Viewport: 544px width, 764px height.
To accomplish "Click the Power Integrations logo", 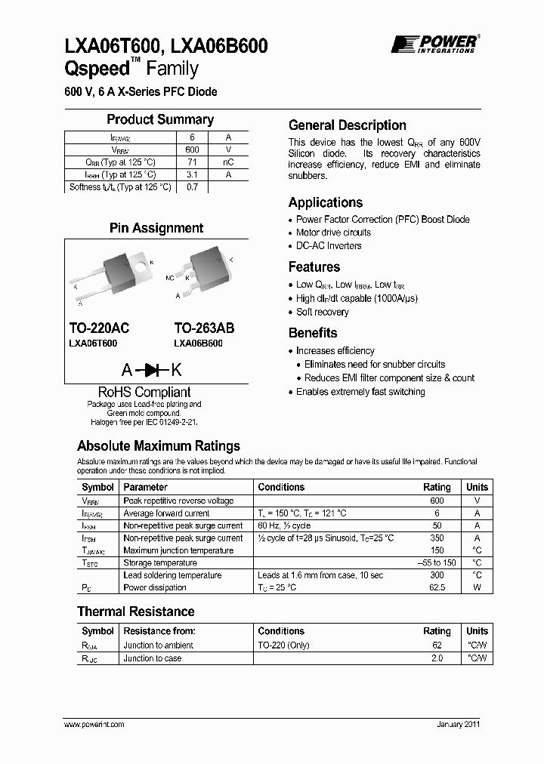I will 434,44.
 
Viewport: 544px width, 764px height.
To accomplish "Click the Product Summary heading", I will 159,119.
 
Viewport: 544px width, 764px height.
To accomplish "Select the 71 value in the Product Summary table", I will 192,162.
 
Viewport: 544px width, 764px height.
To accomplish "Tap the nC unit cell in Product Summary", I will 227,162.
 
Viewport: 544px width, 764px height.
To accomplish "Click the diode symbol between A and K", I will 156,370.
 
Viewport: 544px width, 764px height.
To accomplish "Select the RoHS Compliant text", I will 144,392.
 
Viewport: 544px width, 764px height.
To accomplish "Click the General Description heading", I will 348,125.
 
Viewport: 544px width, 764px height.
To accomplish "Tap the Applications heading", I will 326,202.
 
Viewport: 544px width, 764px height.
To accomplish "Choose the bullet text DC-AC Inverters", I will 329,245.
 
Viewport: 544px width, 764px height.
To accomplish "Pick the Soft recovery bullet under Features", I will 322,312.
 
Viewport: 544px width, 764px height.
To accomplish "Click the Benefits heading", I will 313,333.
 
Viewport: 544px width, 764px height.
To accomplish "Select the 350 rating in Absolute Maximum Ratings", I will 437,538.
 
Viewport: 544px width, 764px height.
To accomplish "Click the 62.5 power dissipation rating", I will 437,587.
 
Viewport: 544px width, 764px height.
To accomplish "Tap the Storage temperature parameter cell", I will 160,562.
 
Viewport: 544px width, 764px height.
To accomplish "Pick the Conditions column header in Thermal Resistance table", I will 281,630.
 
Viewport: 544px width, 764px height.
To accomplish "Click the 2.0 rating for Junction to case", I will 437,658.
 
